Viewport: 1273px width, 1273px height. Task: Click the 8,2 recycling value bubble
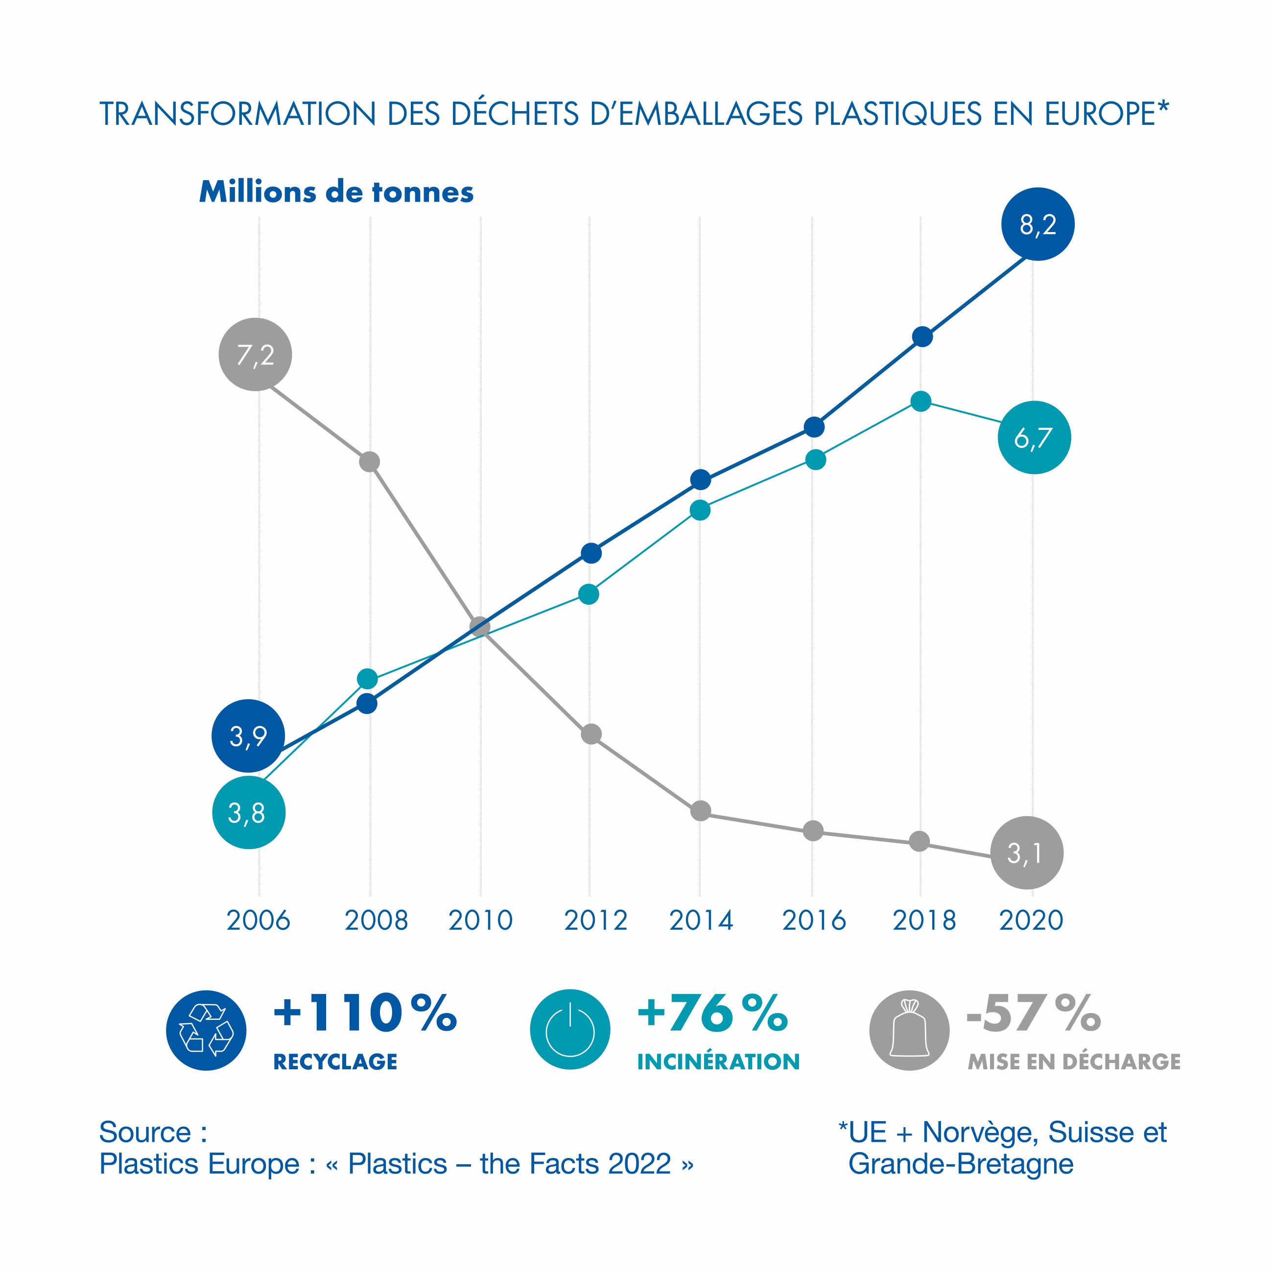[x=1038, y=224]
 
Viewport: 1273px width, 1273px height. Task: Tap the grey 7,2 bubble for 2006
[x=255, y=354]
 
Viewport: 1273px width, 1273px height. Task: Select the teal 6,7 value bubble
[x=1034, y=438]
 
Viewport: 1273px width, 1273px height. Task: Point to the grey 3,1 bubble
[x=1027, y=852]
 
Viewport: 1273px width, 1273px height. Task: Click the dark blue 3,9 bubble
[x=248, y=735]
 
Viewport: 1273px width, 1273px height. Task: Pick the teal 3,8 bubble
[x=248, y=812]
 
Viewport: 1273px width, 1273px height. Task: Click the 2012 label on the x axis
[x=596, y=920]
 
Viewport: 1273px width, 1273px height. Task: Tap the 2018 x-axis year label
[x=924, y=920]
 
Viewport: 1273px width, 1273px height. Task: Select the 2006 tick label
[x=259, y=920]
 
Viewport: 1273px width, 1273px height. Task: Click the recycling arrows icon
[x=206, y=1031]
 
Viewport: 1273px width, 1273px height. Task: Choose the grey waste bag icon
[x=909, y=1031]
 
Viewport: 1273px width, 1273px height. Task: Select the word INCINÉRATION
[x=718, y=1061]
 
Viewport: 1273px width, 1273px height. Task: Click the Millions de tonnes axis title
[x=336, y=192]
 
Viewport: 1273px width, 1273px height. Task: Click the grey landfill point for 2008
[x=370, y=462]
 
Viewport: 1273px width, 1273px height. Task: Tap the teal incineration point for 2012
[x=589, y=594]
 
